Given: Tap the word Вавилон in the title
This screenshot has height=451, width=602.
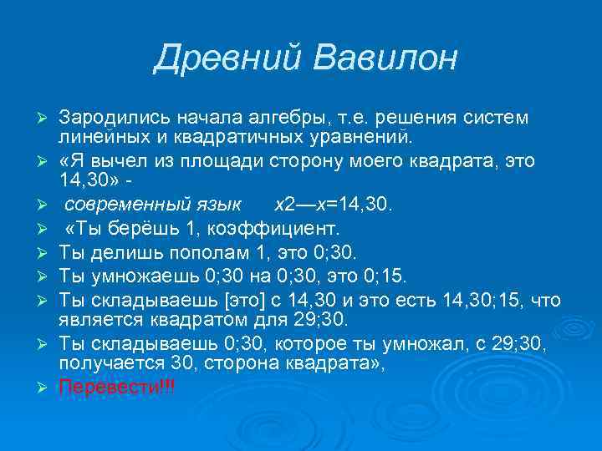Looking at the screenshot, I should click(386, 58).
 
